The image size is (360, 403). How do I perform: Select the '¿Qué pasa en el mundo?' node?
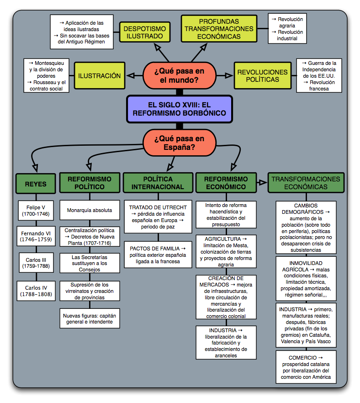[179, 75]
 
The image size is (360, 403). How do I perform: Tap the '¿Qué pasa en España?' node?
[179, 143]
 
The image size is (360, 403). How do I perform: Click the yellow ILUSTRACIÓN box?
[99, 76]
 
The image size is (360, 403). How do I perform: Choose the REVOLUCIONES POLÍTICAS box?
[262, 76]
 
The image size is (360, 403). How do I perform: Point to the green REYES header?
[36, 184]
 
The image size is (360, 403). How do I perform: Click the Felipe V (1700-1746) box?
[36, 211]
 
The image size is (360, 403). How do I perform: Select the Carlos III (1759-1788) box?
[36, 264]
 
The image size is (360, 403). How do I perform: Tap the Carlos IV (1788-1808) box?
[36, 291]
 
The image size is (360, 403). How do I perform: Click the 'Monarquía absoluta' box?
[90, 210]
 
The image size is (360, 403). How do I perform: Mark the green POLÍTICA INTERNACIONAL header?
[158, 183]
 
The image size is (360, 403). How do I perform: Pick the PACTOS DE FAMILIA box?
[158, 255]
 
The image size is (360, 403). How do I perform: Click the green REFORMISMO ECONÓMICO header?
[226, 183]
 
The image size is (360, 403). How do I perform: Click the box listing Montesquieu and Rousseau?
[47, 75]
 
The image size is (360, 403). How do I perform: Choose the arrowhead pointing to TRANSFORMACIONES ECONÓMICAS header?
[262, 182]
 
